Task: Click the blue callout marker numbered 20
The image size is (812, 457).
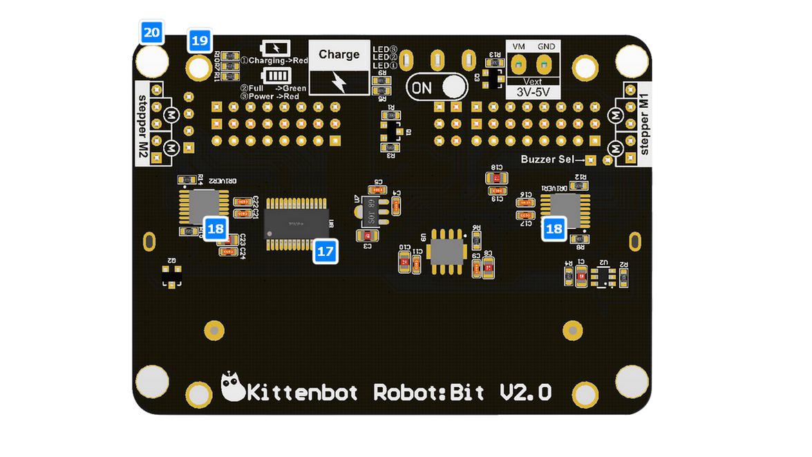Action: pos(152,32)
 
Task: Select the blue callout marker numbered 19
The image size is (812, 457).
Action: pos(200,41)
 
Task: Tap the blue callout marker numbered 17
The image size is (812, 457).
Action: pos(325,252)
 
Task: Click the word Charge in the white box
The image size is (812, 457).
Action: pos(339,55)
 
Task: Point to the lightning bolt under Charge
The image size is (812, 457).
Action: pos(339,82)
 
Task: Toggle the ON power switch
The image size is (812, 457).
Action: pos(436,87)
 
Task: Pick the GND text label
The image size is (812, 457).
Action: pos(546,46)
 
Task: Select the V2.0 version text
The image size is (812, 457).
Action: pos(525,392)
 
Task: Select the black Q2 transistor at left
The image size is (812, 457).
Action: pos(171,277)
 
